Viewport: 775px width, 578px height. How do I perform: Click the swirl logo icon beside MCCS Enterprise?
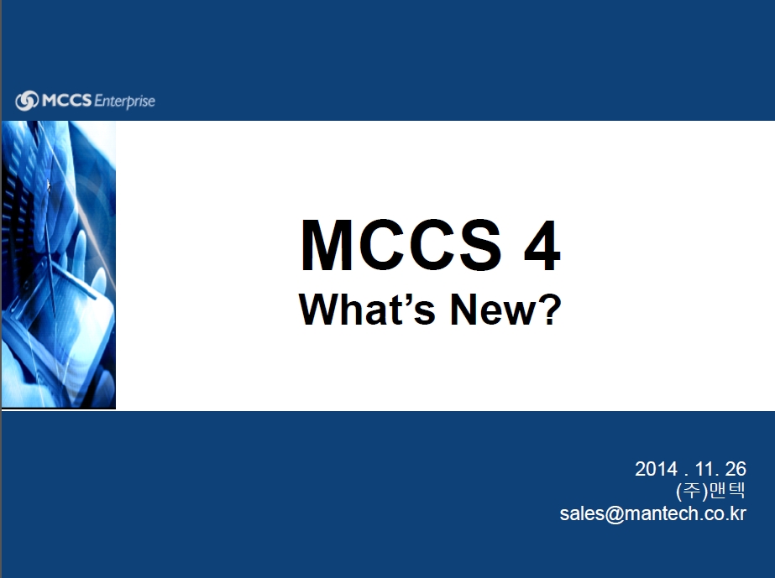click(x=27, y=101)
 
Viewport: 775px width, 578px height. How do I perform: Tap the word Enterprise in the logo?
click(x=124, y=102)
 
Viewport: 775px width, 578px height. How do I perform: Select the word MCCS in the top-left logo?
click(x=66, y=101)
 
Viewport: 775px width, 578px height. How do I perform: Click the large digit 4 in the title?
click(x=542, y=246)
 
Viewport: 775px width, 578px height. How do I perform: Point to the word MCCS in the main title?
click(x=401, y=246)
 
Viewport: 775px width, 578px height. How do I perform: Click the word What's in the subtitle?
click(x=367, y=309)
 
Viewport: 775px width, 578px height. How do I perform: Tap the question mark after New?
click(x=550, y=309)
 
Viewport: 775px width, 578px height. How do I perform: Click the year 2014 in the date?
click(x=656, y=469)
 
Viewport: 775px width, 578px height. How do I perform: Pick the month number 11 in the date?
click(x=704, y=469)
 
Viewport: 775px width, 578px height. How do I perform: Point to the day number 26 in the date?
click(x=736, y=469)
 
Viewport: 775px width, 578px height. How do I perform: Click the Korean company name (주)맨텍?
click(x=710, y=491)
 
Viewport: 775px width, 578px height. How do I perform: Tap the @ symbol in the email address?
click(x=615, y=513)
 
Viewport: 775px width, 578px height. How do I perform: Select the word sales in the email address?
click(x=582, y=513)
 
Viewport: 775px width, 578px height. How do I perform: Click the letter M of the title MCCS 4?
click(x=327, y=246)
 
